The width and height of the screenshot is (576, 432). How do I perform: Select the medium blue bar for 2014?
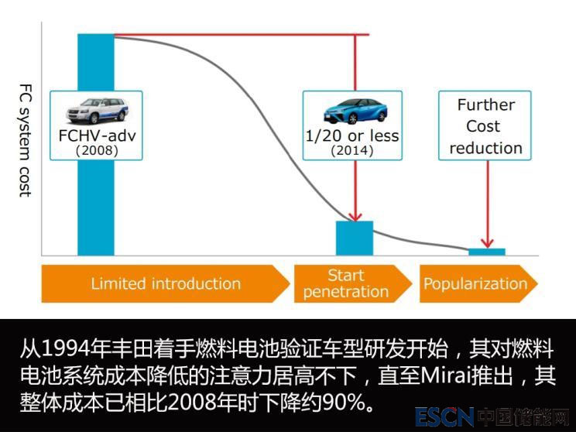point(355,238)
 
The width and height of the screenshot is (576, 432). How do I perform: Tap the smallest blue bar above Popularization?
point(487,252)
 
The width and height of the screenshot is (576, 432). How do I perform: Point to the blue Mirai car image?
point(352,111)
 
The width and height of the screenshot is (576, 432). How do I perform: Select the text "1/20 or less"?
point(352,136)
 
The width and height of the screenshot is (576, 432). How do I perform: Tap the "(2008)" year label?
point(97,151)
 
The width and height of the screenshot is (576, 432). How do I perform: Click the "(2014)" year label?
point(352,151)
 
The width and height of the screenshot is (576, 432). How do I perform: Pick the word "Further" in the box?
point(486,105)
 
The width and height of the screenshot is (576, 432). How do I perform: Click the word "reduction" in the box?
point(486,147)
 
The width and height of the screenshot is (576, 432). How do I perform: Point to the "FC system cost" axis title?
point(24,139)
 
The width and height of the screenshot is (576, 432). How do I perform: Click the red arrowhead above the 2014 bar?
point(355,216)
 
